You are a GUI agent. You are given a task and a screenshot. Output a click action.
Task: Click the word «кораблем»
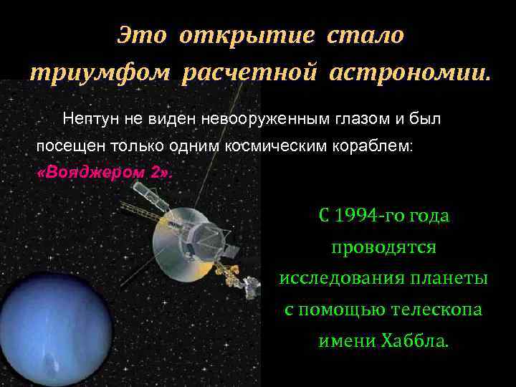pyautogui.click(x=378, y=145)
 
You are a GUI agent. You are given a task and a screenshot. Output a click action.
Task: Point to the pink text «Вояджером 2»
pyautogui.click(x=104, y=173)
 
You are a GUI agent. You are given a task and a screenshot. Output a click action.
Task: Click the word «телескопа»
pyautogui.click(x=437, y=310)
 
